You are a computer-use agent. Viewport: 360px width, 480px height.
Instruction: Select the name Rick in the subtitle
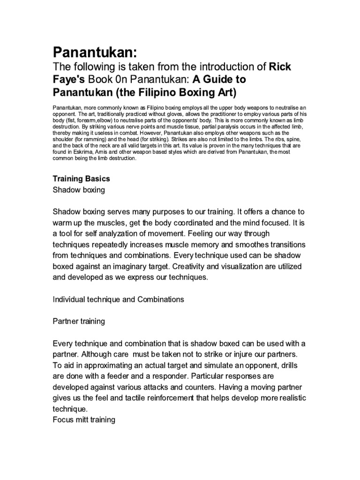click(280, 67)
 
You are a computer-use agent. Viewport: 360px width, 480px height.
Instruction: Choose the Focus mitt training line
click(84, 420)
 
